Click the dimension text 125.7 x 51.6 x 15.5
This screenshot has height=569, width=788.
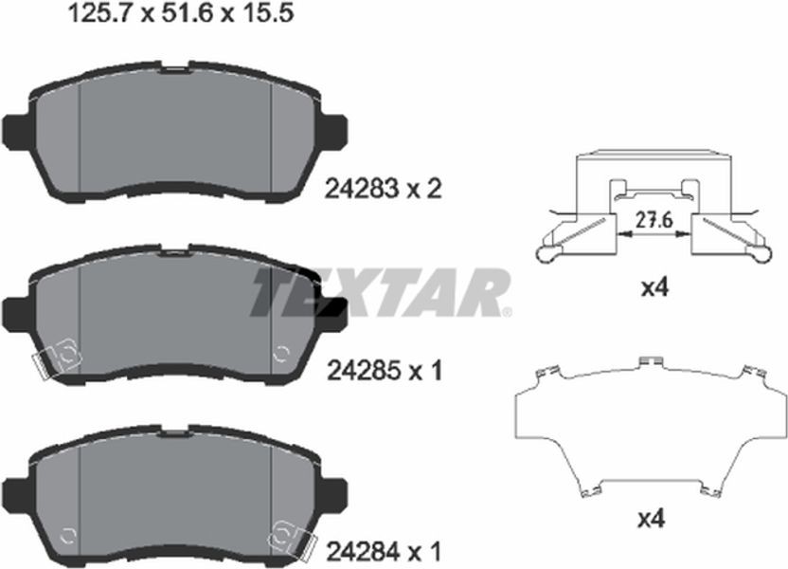[180, 13]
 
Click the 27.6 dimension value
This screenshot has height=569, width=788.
[654, 220]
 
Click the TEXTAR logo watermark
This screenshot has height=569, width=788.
[380, 293]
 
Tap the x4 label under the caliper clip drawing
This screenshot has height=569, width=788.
[654, 288]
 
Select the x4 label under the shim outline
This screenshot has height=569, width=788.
[652, 519]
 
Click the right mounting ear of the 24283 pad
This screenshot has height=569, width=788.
[334, 132]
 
